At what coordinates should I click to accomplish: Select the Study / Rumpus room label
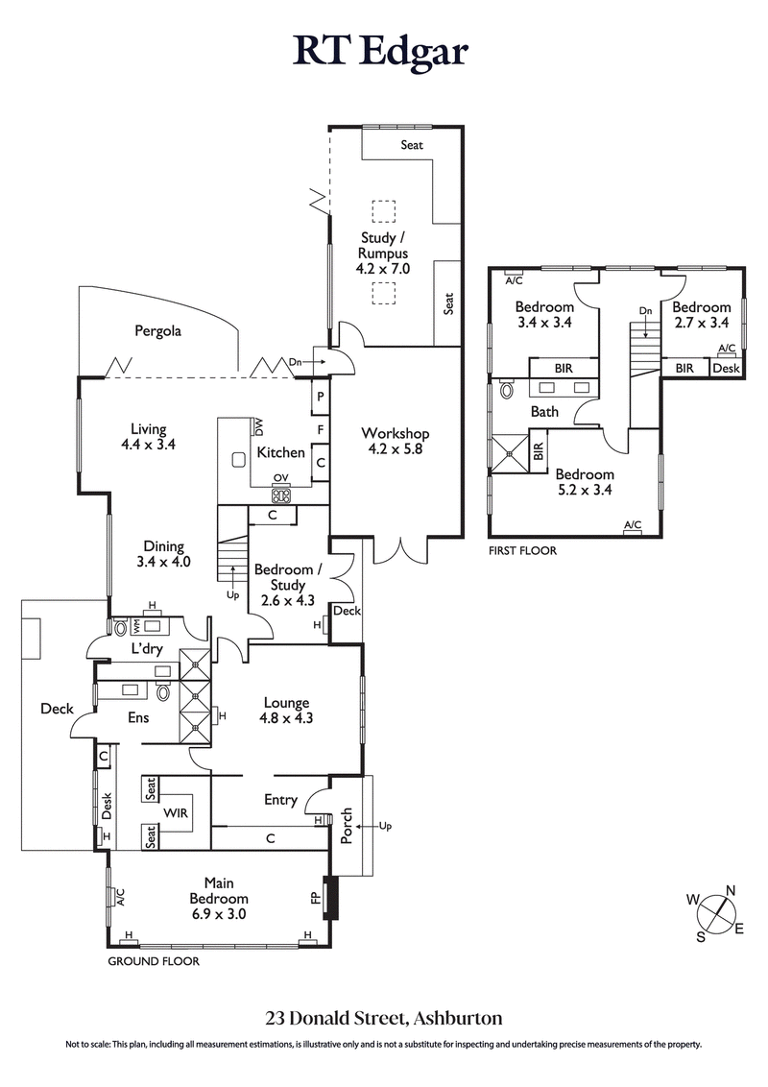[x=384, y=254]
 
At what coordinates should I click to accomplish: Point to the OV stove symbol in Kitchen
[x=281, y=495]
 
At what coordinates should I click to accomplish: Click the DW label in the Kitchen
[x=259, y=425]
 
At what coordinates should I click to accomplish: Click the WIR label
[x=176, y=812]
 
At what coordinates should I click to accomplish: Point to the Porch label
[x=347, y=825]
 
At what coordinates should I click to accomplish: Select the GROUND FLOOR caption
[x=154, y=961]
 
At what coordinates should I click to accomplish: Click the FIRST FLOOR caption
[x=523, y=551]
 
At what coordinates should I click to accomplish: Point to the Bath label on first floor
[x=545, y=412]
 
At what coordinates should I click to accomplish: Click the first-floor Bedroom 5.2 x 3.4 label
[x=585, y=482]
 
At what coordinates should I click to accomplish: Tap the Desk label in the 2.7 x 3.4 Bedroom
[x=725, y=368]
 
